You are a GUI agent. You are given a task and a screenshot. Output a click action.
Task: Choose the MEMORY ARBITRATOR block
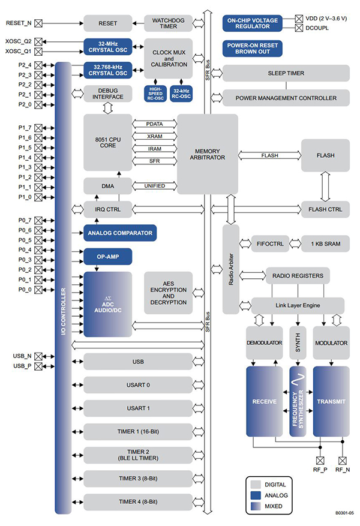click(207, 153)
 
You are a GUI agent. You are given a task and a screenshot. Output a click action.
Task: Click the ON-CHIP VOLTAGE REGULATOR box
click(252, 23)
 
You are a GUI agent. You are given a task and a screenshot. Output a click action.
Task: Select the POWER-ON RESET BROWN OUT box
click(252, 49)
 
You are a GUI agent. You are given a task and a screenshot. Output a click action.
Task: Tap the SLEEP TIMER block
click(286, 73)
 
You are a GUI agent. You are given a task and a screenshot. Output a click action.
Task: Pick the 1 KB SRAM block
click(325, 244)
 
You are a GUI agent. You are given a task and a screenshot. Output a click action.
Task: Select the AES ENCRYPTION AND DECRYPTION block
click(168, 292)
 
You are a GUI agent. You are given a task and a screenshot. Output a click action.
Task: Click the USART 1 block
click(138, 408)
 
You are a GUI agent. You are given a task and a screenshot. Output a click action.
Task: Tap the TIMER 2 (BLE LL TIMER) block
click(138, 455)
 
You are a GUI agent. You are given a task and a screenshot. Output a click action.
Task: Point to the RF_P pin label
click(320, 470)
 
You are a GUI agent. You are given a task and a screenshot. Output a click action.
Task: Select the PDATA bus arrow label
click(154, 124)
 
